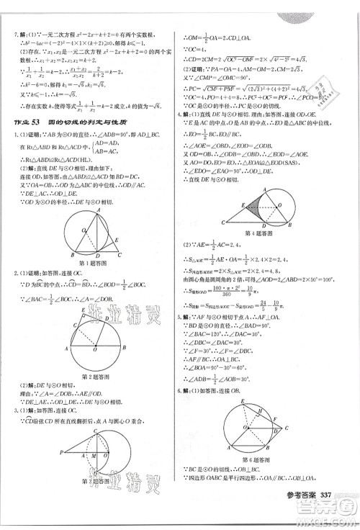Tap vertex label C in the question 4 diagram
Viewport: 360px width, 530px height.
coord(223,225)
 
